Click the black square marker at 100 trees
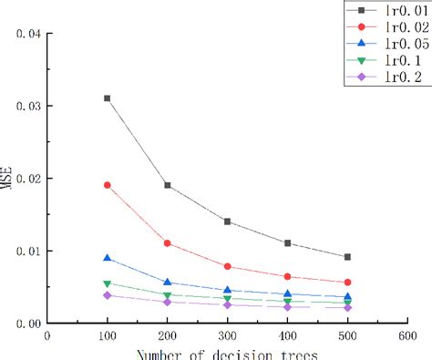(107, 98)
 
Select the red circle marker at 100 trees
(107, 185)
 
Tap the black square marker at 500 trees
(347, 257)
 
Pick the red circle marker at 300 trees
(227, 266)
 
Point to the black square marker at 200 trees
(167, 185)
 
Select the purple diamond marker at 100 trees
(107, 295)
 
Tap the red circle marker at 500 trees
(347, 283)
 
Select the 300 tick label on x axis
(227, 335)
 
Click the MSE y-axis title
(8, 179)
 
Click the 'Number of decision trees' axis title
(227, 354)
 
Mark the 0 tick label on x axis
(47, 335)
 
